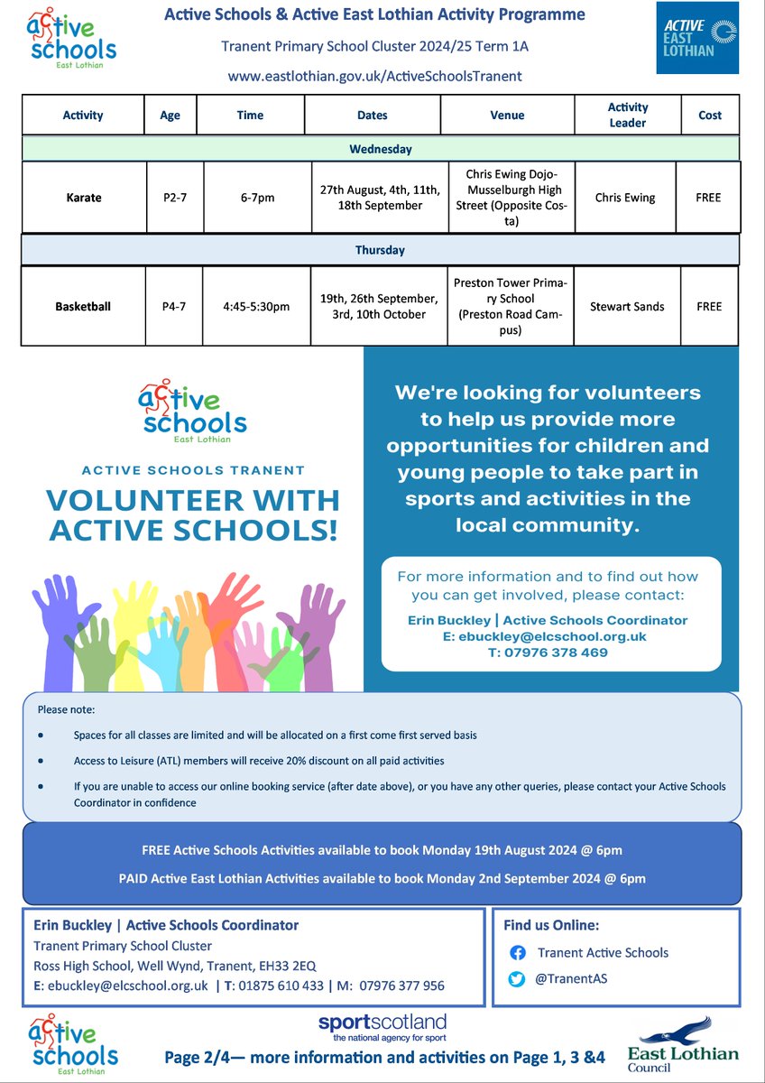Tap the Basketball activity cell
[82, 306]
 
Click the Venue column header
[507, 116]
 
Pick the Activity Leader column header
[627, 116]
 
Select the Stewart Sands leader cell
[627, 306]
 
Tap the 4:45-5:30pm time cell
[256, 306]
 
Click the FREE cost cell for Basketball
[708, 306]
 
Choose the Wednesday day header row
[380, 149]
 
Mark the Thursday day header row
[380, 250]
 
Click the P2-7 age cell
[173, 197]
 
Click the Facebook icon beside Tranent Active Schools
[517, 952]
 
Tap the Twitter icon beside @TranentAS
[517, 978]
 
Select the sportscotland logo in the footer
[382, 1026]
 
